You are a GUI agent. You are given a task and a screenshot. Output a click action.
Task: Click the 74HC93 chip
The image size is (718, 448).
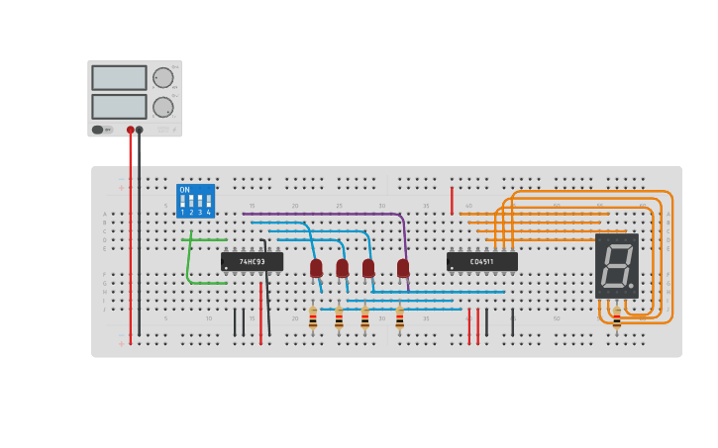(x=252, y=262)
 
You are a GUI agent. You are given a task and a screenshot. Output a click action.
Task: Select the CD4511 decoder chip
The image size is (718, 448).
(x=481, y=262)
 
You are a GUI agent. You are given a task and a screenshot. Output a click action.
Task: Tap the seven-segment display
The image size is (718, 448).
(x=616, y=266)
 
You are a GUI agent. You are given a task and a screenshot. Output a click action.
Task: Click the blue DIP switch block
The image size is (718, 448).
(x=195, y=201)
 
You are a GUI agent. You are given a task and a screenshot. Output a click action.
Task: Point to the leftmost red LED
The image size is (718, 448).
(x=316, y=268)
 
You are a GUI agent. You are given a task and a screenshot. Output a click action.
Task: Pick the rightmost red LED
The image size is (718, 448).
(x=403, y=268)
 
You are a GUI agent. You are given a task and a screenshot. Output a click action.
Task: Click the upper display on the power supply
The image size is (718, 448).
(x=119, y=78)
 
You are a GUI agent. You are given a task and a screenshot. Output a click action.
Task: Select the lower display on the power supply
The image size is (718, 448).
(x=119, y=107)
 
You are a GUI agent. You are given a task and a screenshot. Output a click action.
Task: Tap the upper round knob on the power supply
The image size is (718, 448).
(x=162, y=78)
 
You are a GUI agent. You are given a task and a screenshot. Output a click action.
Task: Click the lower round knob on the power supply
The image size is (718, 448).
(x=162, y=107)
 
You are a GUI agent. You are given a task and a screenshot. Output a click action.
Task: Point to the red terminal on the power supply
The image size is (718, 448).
(x=130, y=130)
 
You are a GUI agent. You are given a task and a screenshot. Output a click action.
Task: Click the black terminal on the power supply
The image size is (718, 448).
(x=140, y=130)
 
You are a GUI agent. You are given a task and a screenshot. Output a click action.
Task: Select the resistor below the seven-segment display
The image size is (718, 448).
(x=616, y=317)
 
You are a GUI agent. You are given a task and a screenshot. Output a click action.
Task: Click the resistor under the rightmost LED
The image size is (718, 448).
(x=399, y=318)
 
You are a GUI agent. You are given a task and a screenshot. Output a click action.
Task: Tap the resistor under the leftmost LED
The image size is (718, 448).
(x=313, y=318)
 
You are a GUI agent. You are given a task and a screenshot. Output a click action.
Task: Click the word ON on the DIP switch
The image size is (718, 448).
(x=184, y=190)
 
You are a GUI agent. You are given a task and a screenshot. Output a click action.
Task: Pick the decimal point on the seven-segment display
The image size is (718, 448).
(x=631, y=287)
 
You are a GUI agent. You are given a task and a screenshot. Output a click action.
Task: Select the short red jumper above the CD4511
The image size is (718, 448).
(x=452, y=201)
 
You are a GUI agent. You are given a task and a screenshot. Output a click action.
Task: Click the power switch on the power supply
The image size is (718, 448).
(x=98, y=130)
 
